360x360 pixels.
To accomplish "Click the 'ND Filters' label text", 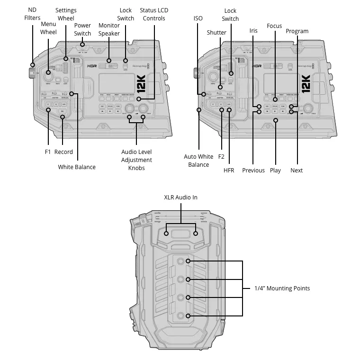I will point(33,14).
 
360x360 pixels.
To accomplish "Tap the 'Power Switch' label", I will point(82,29).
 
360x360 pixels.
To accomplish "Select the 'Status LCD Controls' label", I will point(154,14).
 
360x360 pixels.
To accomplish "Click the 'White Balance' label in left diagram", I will point(77,167).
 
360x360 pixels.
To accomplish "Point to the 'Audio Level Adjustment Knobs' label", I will point(136,160).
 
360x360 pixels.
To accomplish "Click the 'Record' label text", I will point(63,152).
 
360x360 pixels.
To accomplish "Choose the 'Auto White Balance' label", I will point(198,161).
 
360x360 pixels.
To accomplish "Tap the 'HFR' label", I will point(229,170).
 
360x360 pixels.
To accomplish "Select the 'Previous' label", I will point(253,170).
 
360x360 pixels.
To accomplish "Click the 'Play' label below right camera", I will point(275,170).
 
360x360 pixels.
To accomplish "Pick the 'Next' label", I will point(297,170).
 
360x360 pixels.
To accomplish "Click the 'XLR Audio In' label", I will point(180,197).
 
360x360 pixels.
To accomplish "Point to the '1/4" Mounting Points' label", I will point(282,288).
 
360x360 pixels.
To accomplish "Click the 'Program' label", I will point(297,31).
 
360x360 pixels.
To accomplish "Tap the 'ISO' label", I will point(198,18).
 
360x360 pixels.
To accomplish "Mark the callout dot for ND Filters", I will point(33,65).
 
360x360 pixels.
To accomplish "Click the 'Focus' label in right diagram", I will point(274,26).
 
